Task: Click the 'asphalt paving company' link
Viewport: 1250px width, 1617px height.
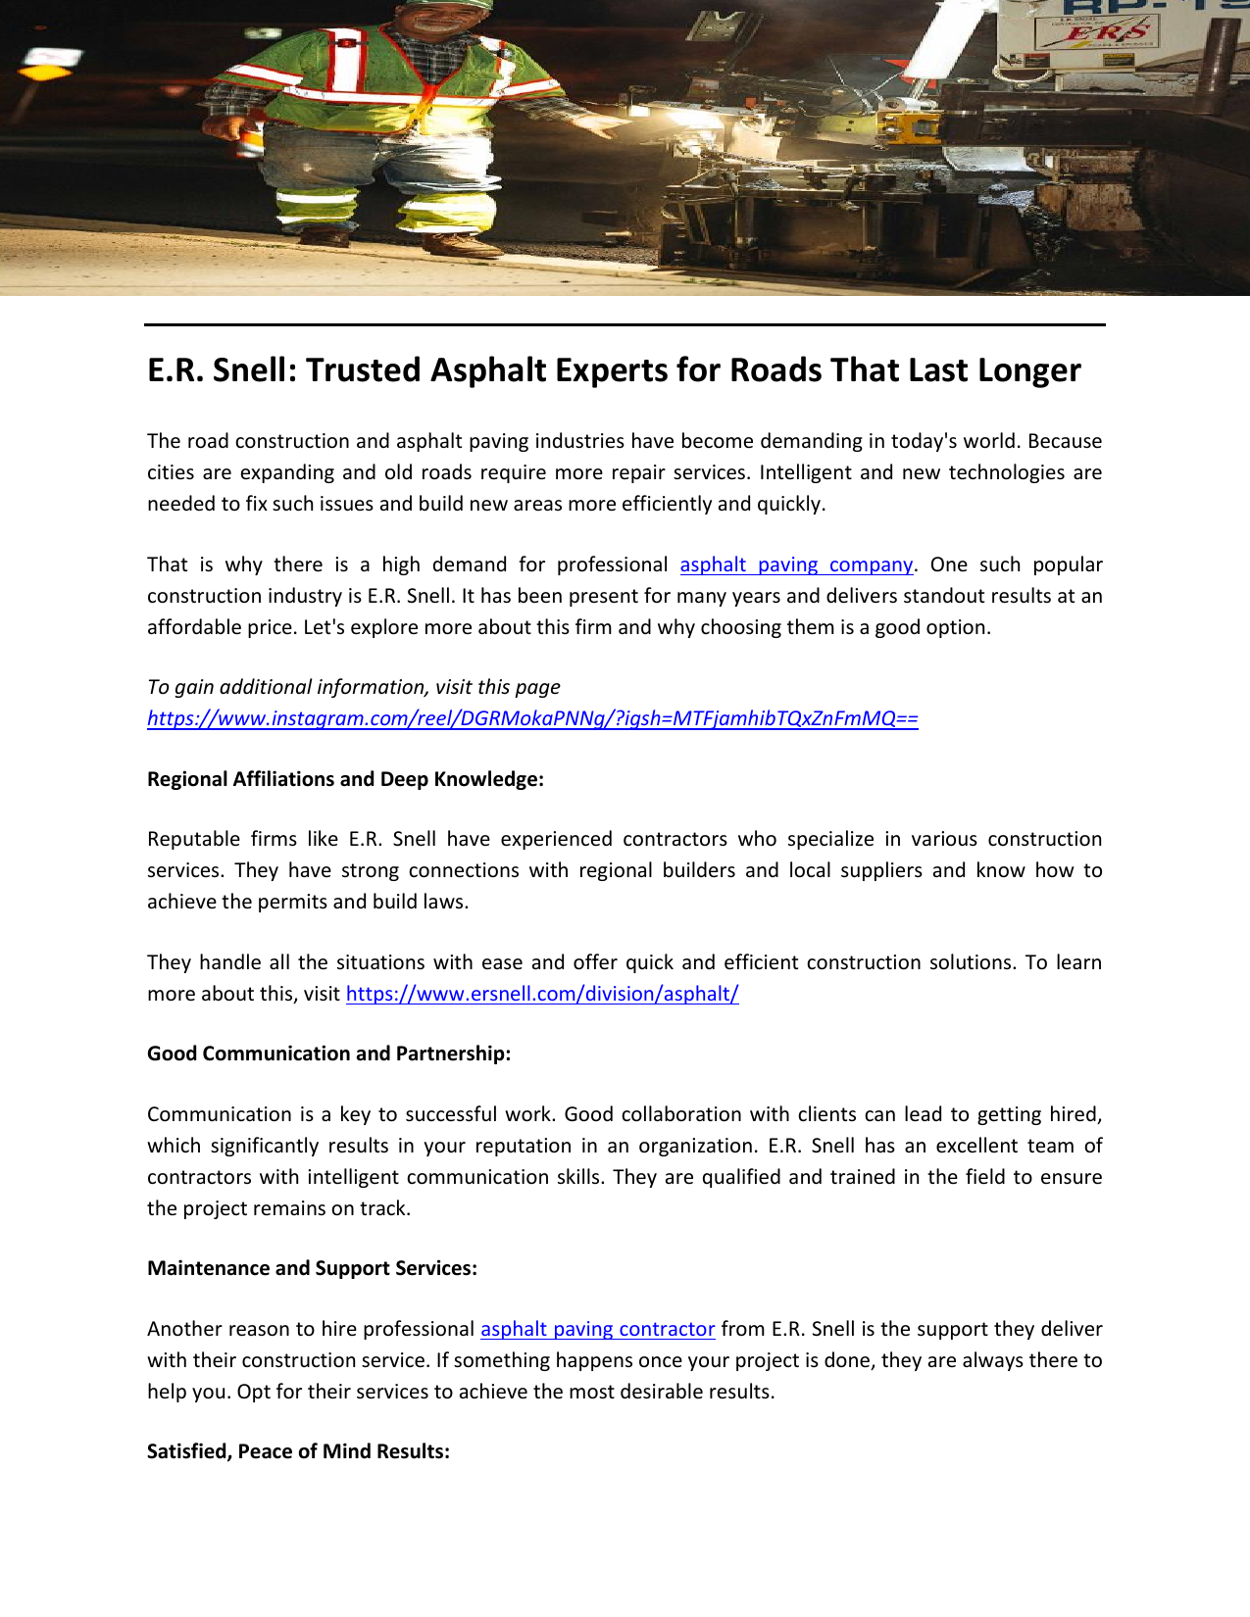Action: (x=796, y=564)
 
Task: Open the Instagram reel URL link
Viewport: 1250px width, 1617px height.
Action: (x=532, y=718)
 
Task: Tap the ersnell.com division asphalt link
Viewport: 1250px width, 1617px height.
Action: (x=542, y=994)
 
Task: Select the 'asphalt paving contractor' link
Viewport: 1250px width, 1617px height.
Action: (x=597, y=1329)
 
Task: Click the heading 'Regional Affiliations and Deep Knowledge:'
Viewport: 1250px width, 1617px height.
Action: (x=345, y=779)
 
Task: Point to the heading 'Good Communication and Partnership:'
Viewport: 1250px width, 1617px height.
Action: (x=328, y=1053)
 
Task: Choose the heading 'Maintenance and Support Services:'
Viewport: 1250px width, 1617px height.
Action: (x=312, y=1268)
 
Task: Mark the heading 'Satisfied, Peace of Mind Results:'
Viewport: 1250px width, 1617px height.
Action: (x=298, y=1451)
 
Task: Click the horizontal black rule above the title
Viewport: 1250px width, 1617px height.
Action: (x=625, y=324)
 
